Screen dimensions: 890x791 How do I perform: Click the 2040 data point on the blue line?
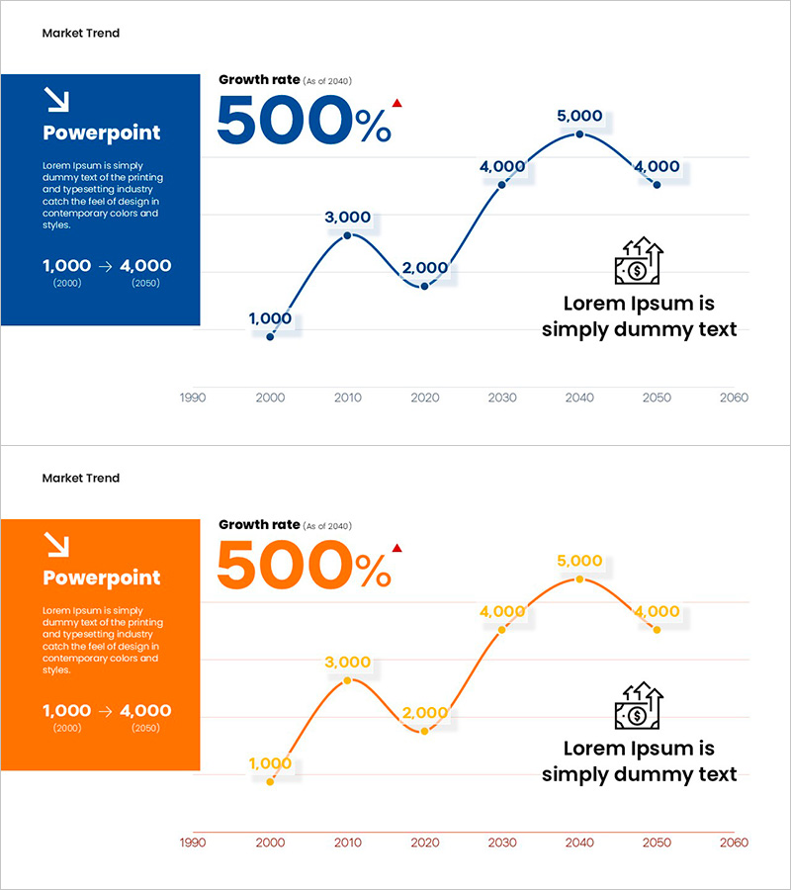pos(579,134)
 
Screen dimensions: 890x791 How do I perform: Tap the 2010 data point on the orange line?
pos(347,680)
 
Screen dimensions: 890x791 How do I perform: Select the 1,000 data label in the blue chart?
pos(270,318)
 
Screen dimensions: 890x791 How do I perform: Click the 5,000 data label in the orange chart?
pos(579,561)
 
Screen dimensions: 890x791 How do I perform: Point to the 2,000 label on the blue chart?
pos(425,268)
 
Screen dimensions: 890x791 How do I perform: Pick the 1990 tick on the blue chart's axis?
pos(193,398)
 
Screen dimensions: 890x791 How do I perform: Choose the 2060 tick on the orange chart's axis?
pos(735,843)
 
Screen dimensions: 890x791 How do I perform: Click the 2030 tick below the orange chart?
pos(502,843)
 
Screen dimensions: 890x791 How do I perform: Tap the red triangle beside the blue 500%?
pos(396,102)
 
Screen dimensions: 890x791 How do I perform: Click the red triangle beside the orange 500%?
pos(396,547)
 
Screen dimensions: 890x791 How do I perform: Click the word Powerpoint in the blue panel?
pos(101,133)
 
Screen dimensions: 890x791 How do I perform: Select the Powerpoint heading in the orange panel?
pos(101,578)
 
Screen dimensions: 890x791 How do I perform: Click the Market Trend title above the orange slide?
pos(80,478)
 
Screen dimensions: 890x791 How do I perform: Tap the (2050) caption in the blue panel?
pos(144,284)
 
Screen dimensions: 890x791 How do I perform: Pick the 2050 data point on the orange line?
pos(657,629)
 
